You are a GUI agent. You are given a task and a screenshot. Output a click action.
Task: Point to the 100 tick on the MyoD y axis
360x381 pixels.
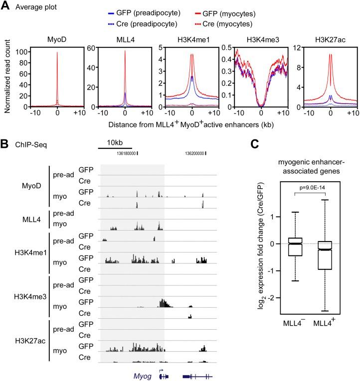coord(22,51)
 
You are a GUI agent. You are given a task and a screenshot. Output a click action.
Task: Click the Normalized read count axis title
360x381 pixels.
coord(6,77)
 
